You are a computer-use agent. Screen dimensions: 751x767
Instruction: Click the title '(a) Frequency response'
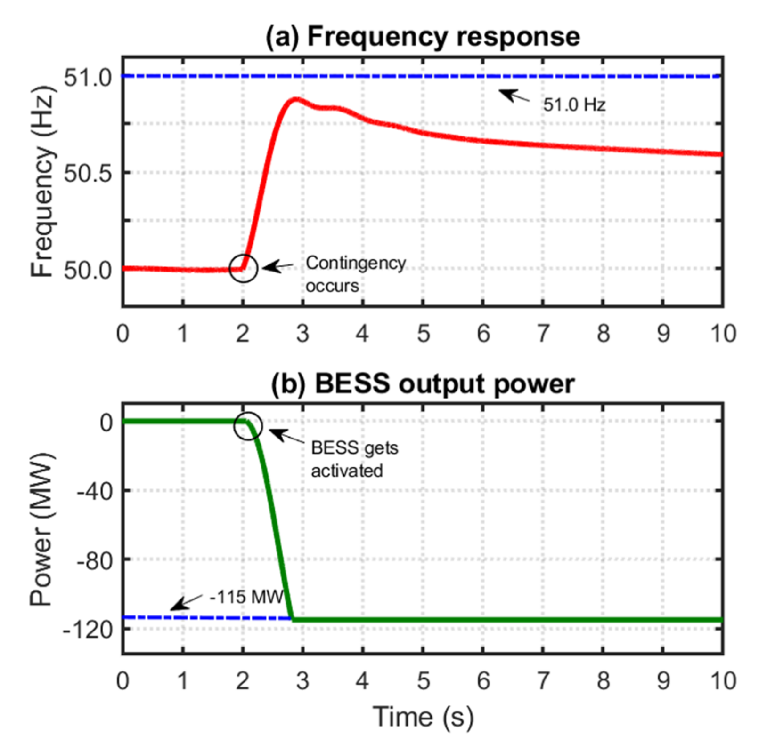423,37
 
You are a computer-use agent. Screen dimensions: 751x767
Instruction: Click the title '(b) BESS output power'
423,384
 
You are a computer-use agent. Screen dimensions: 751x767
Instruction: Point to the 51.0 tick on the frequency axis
88,77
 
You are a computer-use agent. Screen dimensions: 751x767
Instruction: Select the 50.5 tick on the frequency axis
88,173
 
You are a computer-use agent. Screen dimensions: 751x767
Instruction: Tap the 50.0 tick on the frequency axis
88,270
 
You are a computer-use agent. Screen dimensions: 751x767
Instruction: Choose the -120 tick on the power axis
89,629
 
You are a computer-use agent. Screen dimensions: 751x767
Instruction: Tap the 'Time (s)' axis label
423,718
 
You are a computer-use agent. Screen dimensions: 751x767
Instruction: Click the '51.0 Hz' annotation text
574,105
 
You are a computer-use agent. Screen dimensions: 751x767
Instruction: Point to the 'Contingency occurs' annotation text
355,274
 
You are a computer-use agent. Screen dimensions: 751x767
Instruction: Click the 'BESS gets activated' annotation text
354,459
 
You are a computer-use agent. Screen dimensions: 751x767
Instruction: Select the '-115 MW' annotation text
246,597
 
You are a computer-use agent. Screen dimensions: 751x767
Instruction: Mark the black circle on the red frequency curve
244,268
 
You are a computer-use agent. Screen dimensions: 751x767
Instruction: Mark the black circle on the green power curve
248,426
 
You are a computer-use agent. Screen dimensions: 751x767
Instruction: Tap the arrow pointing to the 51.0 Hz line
514,96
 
